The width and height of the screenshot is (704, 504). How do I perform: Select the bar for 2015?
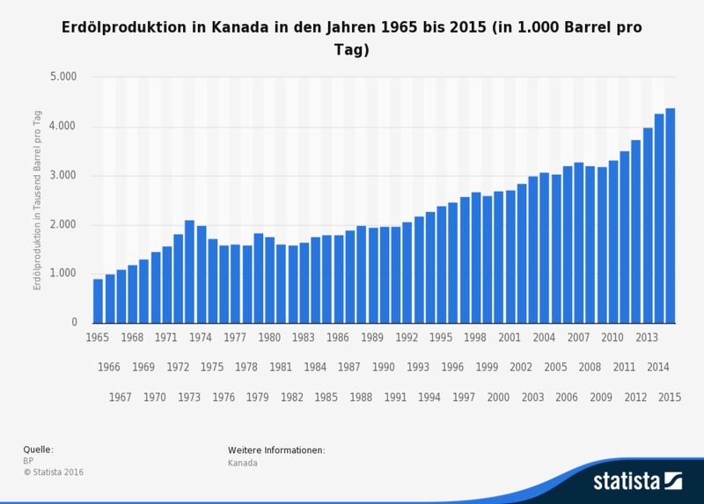pos(670,215)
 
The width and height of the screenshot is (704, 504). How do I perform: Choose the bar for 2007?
pos(578,243)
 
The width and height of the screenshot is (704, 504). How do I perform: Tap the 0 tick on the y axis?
pos(75,323)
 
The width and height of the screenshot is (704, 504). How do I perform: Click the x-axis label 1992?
pos(407,337)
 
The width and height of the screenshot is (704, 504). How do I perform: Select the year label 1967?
pos(121,397)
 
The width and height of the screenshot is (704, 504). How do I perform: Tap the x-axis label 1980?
pos(269,337)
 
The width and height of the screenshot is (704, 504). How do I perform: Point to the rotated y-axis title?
pos(40,200)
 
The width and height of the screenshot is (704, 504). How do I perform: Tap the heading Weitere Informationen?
pos(276,450)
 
